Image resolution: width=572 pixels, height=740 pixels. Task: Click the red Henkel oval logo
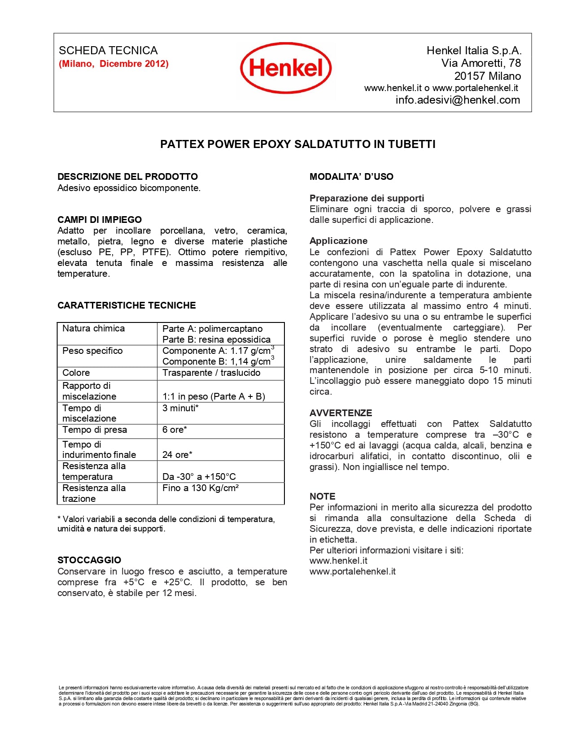[x=286, y=68]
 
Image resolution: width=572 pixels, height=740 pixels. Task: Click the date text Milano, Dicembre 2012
[x=114, y=64]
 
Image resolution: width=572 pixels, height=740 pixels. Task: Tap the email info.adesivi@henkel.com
[x=458, y=100]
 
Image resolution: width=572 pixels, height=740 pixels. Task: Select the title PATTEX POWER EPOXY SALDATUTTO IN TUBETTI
[x=298, y=144]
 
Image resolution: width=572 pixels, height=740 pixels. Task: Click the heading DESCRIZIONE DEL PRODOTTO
[x=127, y=177]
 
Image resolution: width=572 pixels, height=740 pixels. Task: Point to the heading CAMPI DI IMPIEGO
[x=100, y=220]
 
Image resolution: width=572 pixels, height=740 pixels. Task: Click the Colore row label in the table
[x=76, y=373]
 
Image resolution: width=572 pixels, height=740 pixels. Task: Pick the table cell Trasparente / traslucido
[x=211, y=373]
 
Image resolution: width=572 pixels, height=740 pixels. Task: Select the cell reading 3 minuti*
[x=180, y=408]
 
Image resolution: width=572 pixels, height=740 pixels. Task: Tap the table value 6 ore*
[x=175, y=430]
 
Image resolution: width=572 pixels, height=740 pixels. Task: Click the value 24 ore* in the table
[x=177, y=455]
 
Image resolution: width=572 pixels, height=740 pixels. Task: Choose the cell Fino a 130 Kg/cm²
[x=201, y=488]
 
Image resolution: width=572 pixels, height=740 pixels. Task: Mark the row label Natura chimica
[x=93, y=328]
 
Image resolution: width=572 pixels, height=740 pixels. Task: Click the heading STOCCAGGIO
[x=89, y=560]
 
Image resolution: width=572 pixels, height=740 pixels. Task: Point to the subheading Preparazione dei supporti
[x=367, y=198]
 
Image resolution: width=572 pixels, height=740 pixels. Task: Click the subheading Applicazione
[x=338, y=241]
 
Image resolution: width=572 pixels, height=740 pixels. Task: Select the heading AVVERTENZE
[x=341, y=413]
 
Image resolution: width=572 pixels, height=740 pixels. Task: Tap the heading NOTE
[x=322, y=496]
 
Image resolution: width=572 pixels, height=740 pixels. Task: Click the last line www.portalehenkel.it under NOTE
[x=353, y=571]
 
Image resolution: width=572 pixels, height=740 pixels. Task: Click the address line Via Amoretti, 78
[x=481, y=63]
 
